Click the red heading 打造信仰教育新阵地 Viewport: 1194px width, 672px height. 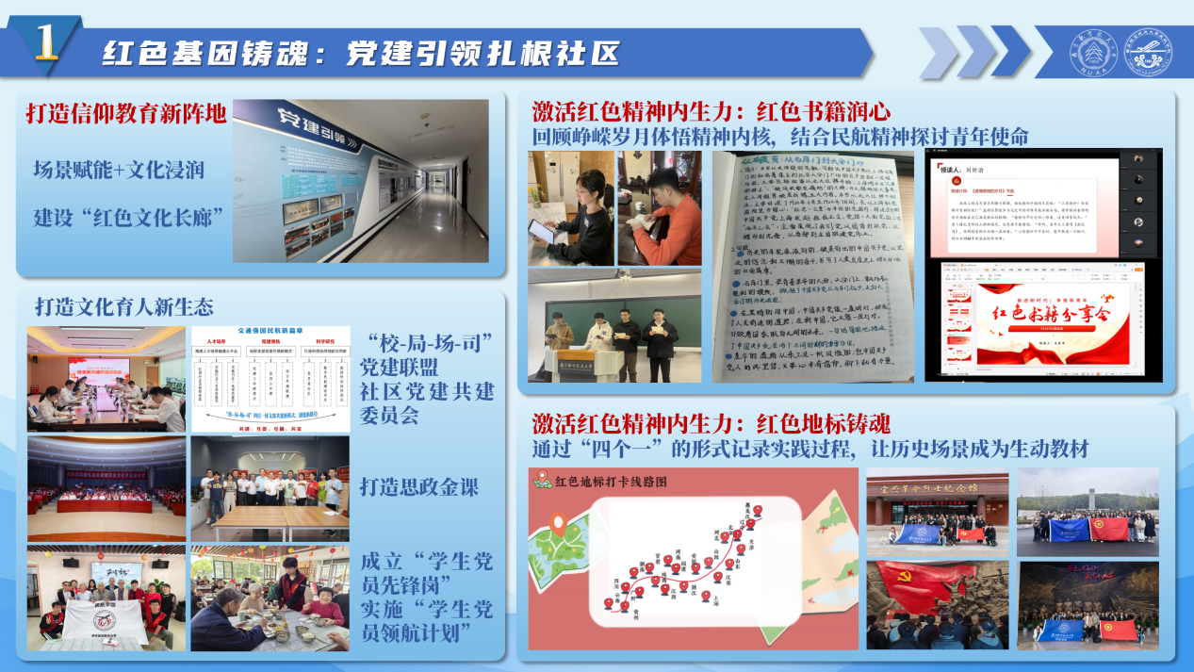[x=126, y=114]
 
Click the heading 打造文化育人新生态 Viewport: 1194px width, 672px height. [x=124, y=306]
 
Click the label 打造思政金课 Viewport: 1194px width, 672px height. [x=419, y=487]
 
